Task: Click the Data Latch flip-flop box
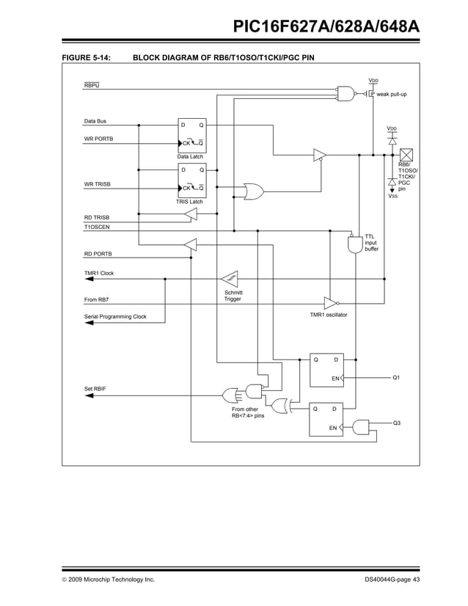point(192,134)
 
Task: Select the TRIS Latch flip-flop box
point(192,180)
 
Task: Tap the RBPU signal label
point(92,86)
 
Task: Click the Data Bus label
point(95,121)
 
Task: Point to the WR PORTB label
point(98,138)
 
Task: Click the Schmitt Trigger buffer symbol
point(229,280)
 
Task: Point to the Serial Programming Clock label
point(115,317)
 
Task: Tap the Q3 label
point(396,423)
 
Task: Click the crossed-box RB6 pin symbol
point(406,156)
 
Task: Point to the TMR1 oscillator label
point(328,315)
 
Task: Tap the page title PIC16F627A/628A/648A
point(326,27)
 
